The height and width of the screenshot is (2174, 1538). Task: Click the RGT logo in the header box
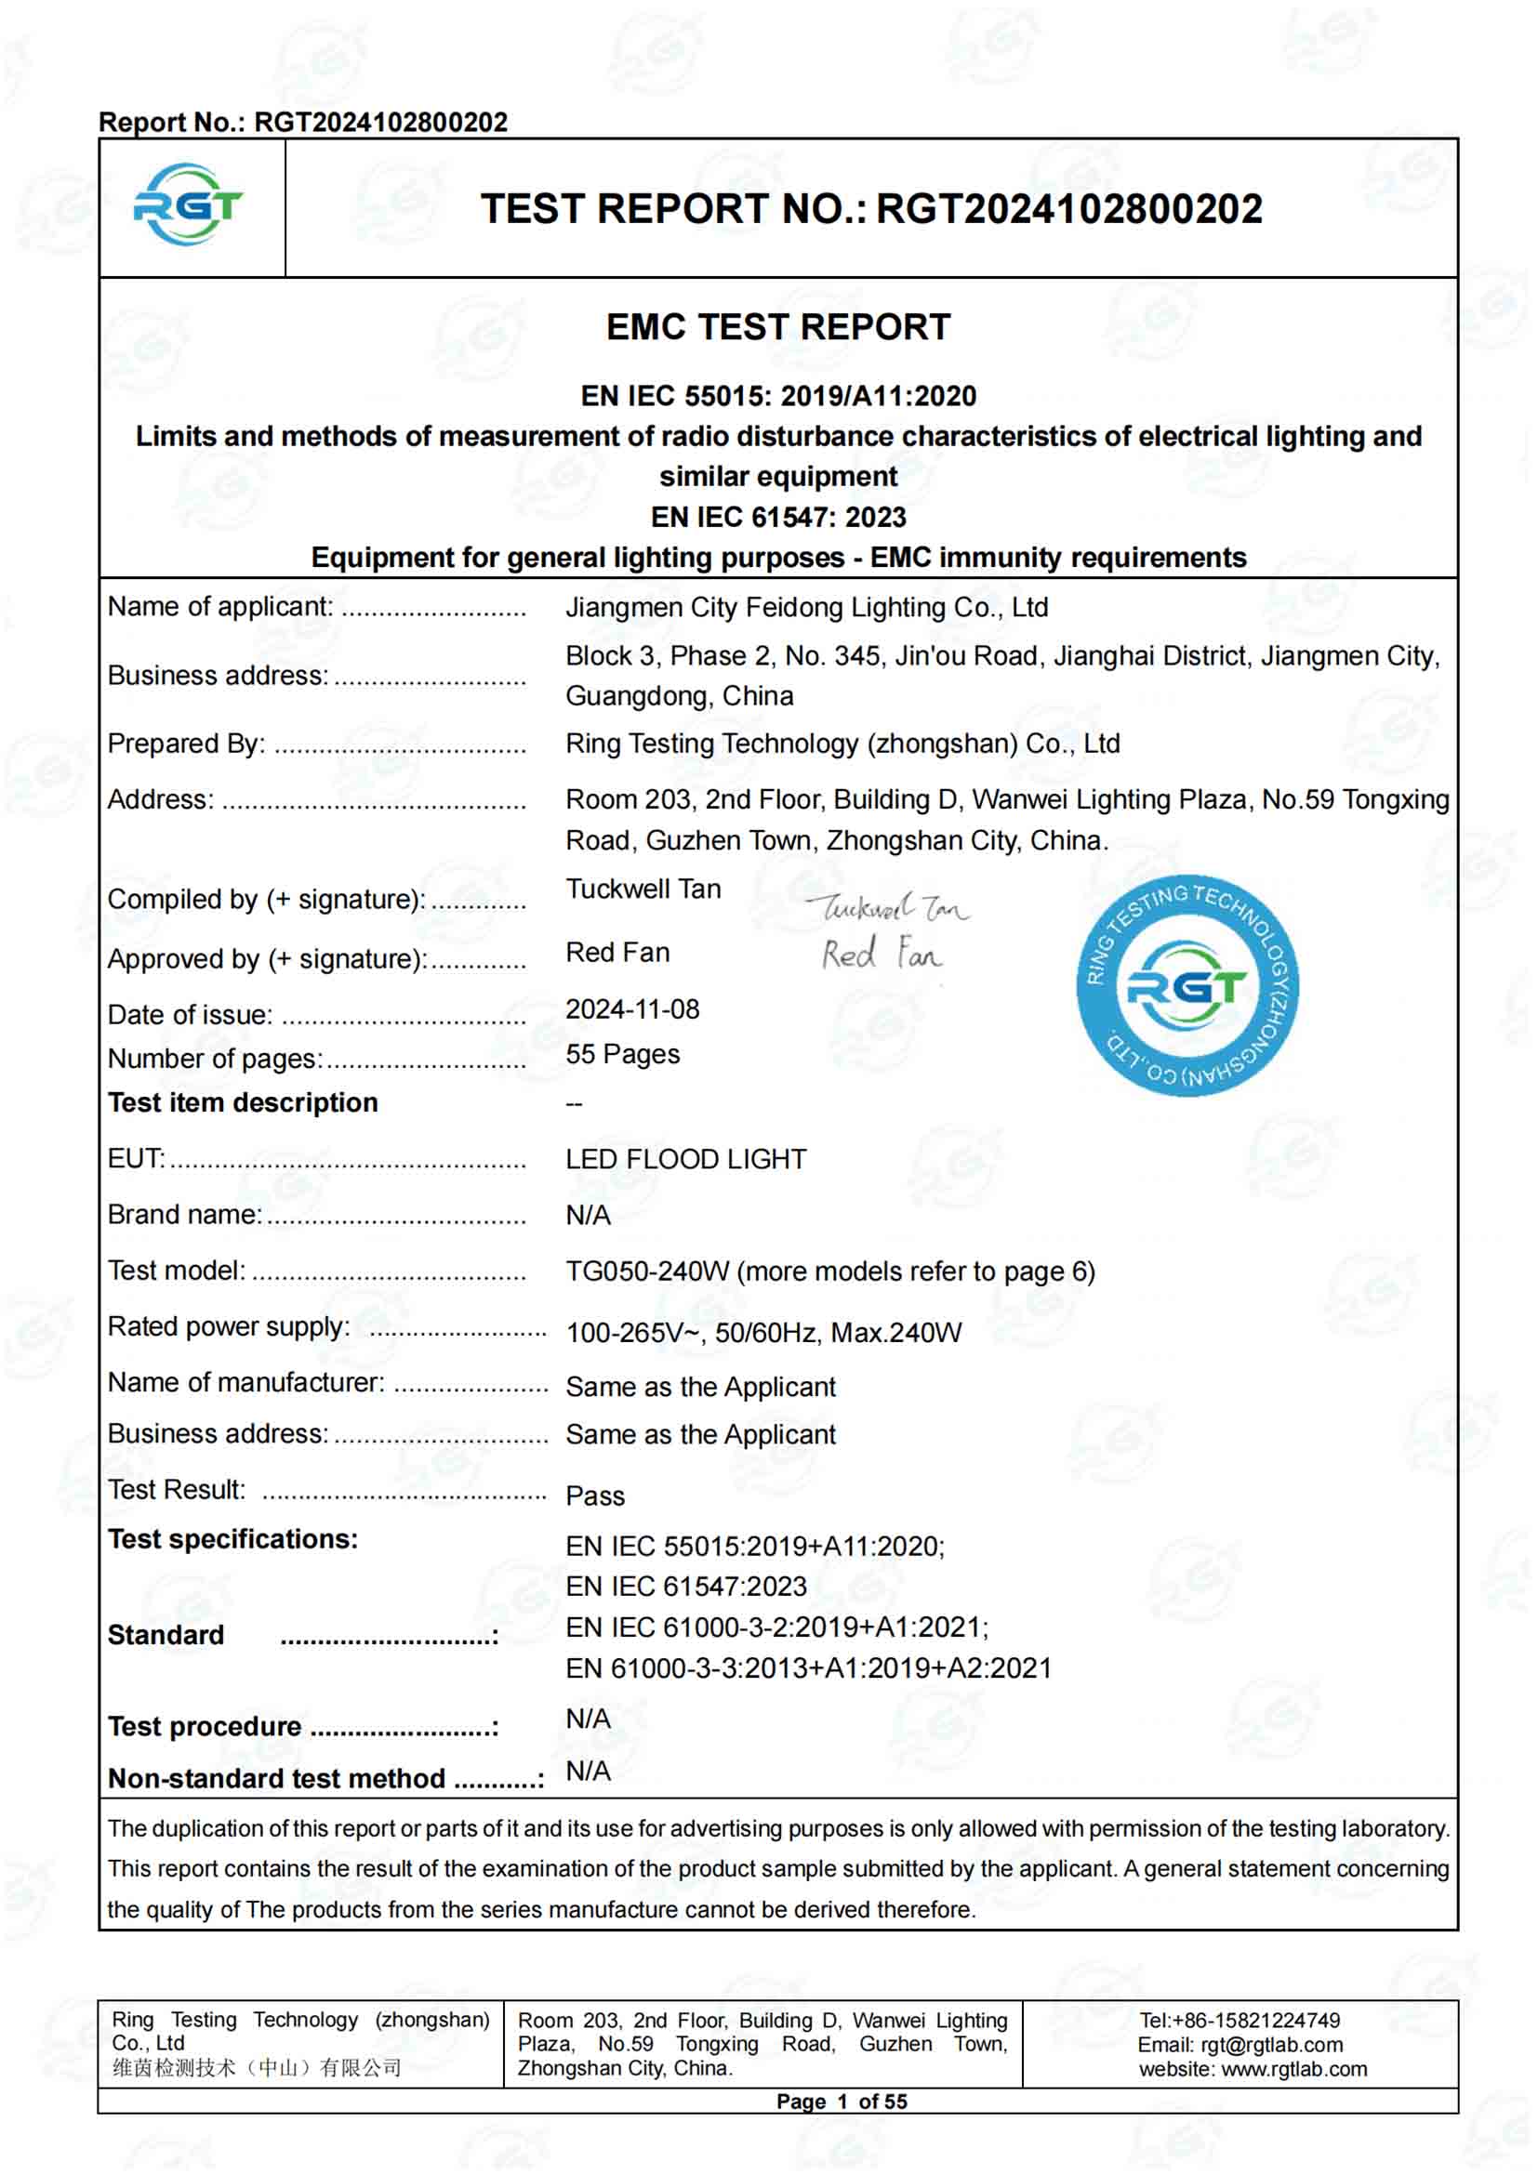[189, 205]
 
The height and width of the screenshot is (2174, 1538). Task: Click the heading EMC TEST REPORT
[777, 327]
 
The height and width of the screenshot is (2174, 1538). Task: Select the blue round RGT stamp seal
[1187, 985]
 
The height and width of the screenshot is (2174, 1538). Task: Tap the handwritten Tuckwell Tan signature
[887, 909]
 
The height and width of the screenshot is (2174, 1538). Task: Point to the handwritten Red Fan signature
[881, 954]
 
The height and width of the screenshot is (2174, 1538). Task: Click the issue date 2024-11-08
[632, 1009]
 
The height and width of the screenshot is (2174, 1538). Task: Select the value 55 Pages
[622, 1054]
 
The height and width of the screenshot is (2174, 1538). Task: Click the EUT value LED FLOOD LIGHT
[685, 1159]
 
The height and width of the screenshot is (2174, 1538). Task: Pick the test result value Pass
[595, 1496]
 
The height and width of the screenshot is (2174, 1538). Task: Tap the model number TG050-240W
[648, 1271]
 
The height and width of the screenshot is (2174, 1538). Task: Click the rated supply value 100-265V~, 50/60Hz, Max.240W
[763, 1333]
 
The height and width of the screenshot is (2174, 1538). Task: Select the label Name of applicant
[219, 607]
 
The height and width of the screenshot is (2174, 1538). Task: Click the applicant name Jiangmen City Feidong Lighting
[806, 608]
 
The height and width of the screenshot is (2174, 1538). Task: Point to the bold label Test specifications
[233, 1539]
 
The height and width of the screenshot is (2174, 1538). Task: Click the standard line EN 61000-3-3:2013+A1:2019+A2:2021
[809, 1668]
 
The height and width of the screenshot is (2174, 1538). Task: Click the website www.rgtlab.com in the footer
[1293, 2069]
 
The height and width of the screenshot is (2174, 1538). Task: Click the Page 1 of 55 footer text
[841, 2102]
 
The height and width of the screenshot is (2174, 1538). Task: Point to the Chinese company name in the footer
[257, 2068]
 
